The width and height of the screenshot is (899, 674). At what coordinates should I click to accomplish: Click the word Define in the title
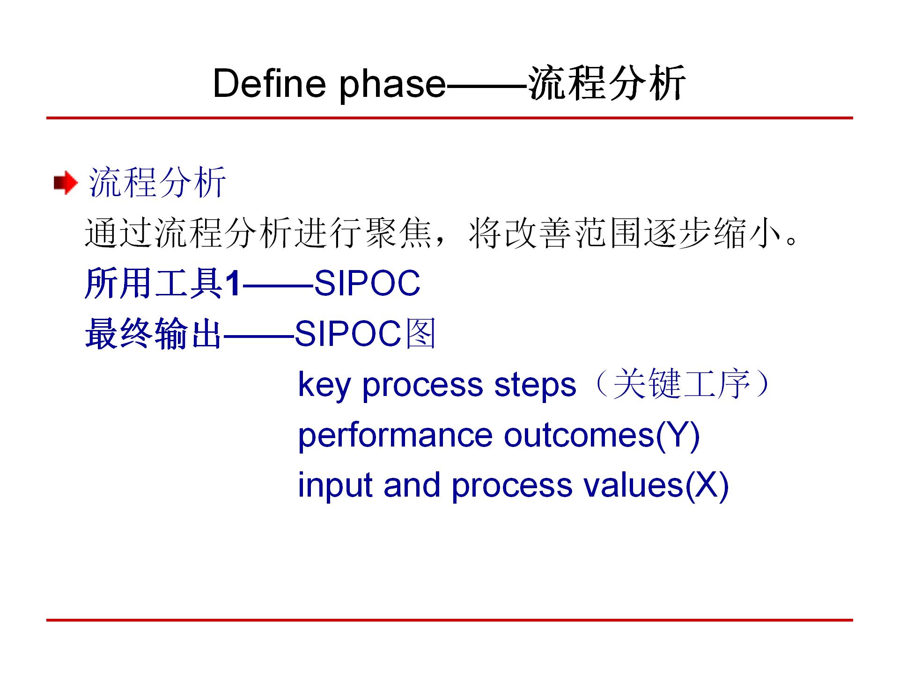[269, 83]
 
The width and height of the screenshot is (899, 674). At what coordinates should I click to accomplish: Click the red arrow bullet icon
[66, 183]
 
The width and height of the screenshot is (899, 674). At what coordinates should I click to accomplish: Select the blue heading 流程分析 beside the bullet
[157, 182]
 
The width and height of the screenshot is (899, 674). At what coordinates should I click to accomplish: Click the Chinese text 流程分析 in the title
[607, 83]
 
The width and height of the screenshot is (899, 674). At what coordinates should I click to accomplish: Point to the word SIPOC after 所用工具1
[367, 283]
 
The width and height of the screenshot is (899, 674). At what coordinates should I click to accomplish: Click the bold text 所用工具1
[163, 283]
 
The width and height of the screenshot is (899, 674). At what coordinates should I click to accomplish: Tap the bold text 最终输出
[153, 334]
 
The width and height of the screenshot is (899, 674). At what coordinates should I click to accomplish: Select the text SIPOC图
[365, 333]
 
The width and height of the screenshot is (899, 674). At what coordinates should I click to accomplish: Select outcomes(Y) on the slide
[602, 436]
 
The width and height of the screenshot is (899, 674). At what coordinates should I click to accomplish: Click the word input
[335, 486]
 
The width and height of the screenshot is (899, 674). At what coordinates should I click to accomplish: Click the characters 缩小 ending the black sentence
[748, 233]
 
